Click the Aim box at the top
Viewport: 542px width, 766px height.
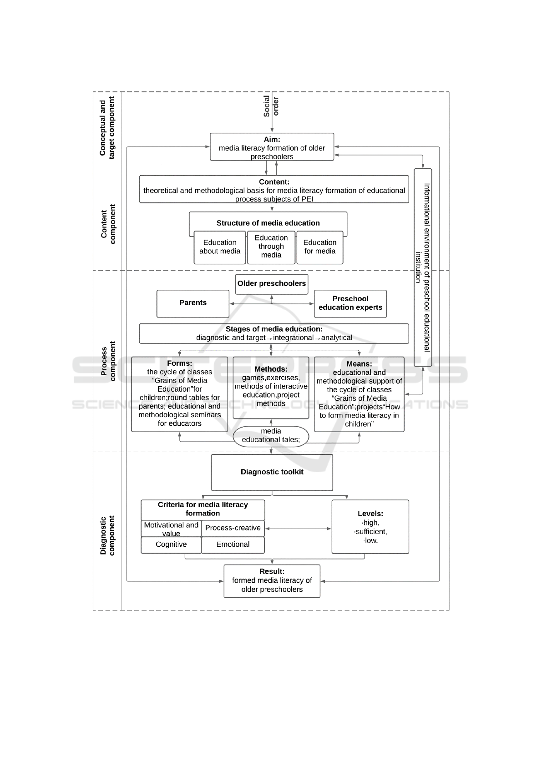[x=272, y=147]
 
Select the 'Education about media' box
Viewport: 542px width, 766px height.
[x=220, y=247]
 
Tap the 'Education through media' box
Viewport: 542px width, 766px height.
[x=271, y=247]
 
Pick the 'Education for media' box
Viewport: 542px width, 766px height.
[x=319, y=247]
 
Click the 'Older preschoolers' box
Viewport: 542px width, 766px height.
[x=272, y=284]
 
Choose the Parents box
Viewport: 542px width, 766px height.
[x=193, y=303]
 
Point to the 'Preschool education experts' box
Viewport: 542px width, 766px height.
[x=350, y=303]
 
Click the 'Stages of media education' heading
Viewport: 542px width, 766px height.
[x=274, y=329]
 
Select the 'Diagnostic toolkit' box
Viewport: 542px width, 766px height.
[x=272, y=472]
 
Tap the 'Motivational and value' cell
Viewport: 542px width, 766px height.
[x=171, y=529]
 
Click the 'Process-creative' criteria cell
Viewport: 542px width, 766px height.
[x=233, y=528]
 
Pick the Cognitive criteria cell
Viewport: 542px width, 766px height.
[x=171, y=545]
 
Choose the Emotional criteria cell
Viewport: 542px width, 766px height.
[x=233, y=545]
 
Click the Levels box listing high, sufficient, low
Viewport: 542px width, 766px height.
[x=370, y=527]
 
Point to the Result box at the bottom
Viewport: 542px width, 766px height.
[x=272, y=581]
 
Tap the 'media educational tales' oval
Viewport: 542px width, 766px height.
[x=271, y=436]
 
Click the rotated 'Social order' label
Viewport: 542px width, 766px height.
[x=271, y=106]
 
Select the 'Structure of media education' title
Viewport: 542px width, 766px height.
[x=268, y=223]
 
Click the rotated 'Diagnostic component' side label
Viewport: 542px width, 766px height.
[x=108, y=536]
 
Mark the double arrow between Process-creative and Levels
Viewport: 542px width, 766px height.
[x=298, y=529]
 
